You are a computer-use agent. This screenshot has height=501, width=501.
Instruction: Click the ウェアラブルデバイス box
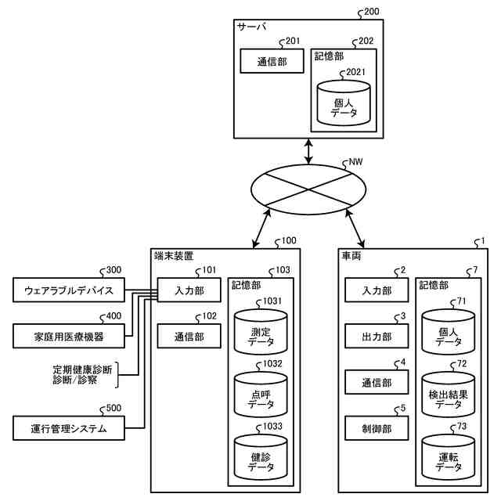click(68, 292)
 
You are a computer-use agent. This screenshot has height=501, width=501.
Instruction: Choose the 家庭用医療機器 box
click(68, 337)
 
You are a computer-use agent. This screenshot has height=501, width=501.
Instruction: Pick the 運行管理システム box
click(68, 427)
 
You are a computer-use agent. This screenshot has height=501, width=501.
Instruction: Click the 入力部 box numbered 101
click(189, 292)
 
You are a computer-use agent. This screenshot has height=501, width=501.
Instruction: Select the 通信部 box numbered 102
click(189, 337)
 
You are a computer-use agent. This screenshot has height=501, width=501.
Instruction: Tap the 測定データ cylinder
click(261, 337)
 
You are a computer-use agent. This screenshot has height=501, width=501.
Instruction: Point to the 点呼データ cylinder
click(261, 400)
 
